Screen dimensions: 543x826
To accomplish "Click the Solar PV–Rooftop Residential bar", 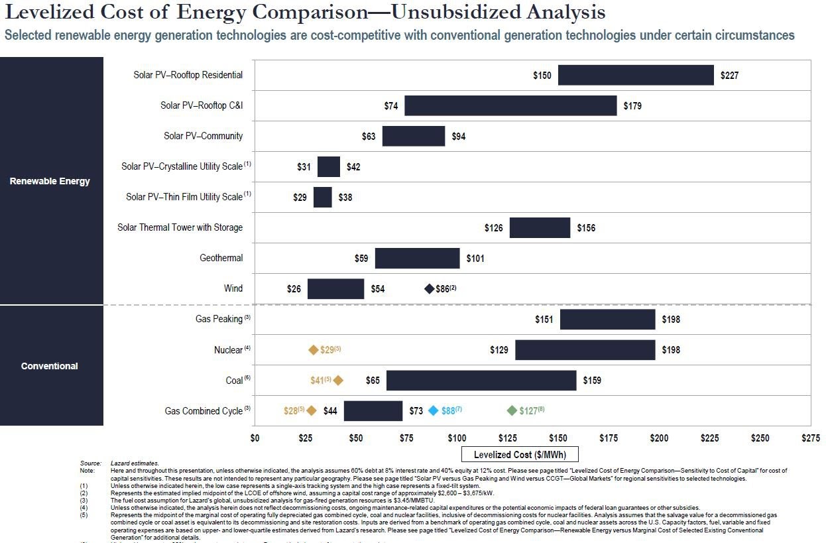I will point(636,76).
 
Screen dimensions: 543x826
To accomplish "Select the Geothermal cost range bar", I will point(417,258).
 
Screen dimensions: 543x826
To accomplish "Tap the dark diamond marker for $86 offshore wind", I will point(430,289).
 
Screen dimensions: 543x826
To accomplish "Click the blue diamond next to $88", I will point(434,411).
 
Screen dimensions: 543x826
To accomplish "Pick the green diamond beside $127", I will point(512,411).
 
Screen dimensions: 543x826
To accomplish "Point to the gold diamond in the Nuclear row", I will point(314,350).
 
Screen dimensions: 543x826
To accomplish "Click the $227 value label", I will point(729,76).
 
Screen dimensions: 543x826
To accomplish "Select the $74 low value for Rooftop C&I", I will point(390,106).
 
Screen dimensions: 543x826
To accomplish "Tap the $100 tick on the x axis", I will point(457,438).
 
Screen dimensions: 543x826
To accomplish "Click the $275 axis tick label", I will point(810,438).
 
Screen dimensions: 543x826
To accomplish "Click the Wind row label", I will point(233,288).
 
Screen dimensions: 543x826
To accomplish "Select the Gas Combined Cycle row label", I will point(204,411).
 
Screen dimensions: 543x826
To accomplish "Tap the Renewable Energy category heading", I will point(50,181).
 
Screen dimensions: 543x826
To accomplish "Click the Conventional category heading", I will point(50,366).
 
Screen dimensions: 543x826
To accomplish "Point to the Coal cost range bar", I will point(481,381).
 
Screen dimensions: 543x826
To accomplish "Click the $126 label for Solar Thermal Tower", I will point(494,228).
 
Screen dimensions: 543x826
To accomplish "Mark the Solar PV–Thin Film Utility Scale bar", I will point(322,198).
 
